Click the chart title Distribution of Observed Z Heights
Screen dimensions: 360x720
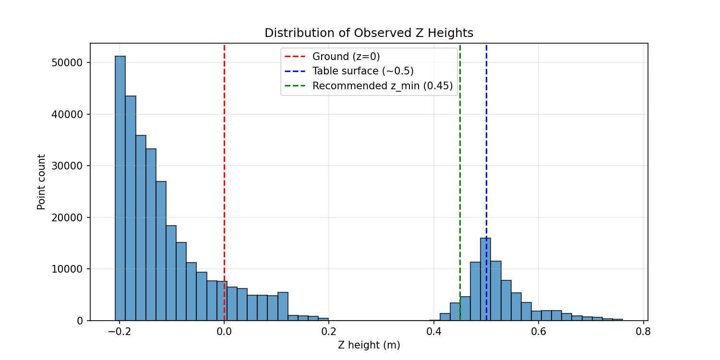[x=369, y=33]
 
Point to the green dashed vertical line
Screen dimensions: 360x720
[x=460, y=168]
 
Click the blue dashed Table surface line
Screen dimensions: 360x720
[x=486, y=144]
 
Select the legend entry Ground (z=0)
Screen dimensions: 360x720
[x=346, y=57]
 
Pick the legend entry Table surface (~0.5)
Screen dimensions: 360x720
[x=362, y=71]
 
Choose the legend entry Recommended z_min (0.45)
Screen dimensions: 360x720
[x=382, y=86]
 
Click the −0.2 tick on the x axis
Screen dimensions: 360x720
[x=120, y=331]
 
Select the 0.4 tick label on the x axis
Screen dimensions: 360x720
[x=433, y=331]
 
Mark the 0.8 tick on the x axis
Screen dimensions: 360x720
[x=643, y=331]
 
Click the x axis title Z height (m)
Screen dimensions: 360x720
[x=369, y=345]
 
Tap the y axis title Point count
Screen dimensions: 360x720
[x=41, y=182]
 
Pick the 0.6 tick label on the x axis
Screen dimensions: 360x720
[x=539, y=331]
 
